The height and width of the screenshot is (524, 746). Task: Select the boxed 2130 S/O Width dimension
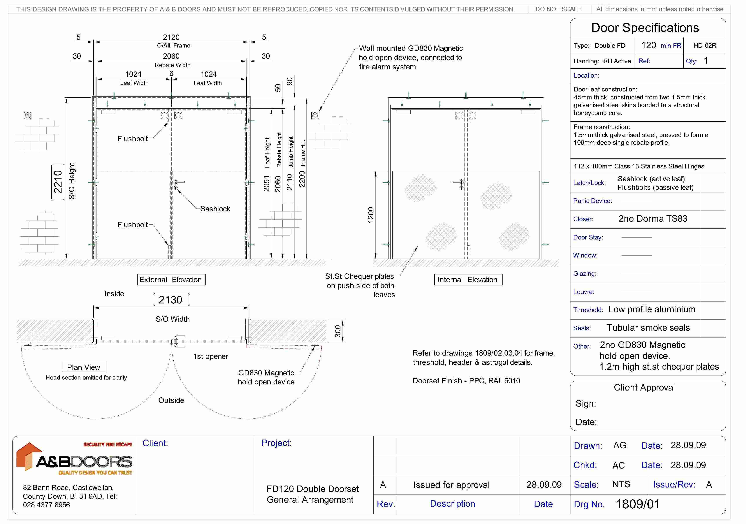171,300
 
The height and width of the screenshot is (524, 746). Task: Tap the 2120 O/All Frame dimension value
171,37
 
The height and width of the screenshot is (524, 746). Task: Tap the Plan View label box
84,367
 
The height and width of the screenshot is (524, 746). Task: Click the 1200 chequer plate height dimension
371,215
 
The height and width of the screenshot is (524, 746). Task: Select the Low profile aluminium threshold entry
652,309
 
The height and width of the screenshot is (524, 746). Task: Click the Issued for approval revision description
451,485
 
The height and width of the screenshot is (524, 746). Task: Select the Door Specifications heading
645,28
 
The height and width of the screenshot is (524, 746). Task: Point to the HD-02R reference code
704,46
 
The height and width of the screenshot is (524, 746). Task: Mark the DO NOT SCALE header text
558,9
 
